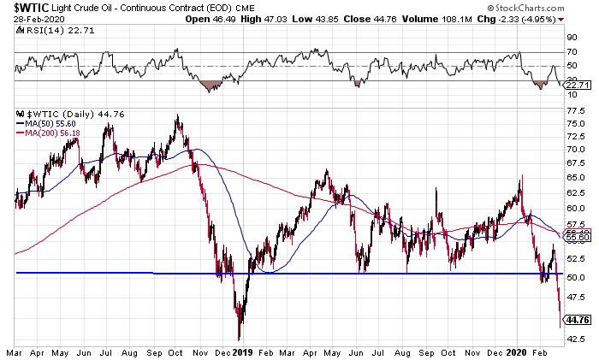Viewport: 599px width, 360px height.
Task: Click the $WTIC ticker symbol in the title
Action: coord(27,8)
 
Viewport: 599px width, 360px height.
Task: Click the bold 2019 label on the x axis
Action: coord(243,351)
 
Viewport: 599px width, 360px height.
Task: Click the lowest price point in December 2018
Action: coord(240,339)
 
